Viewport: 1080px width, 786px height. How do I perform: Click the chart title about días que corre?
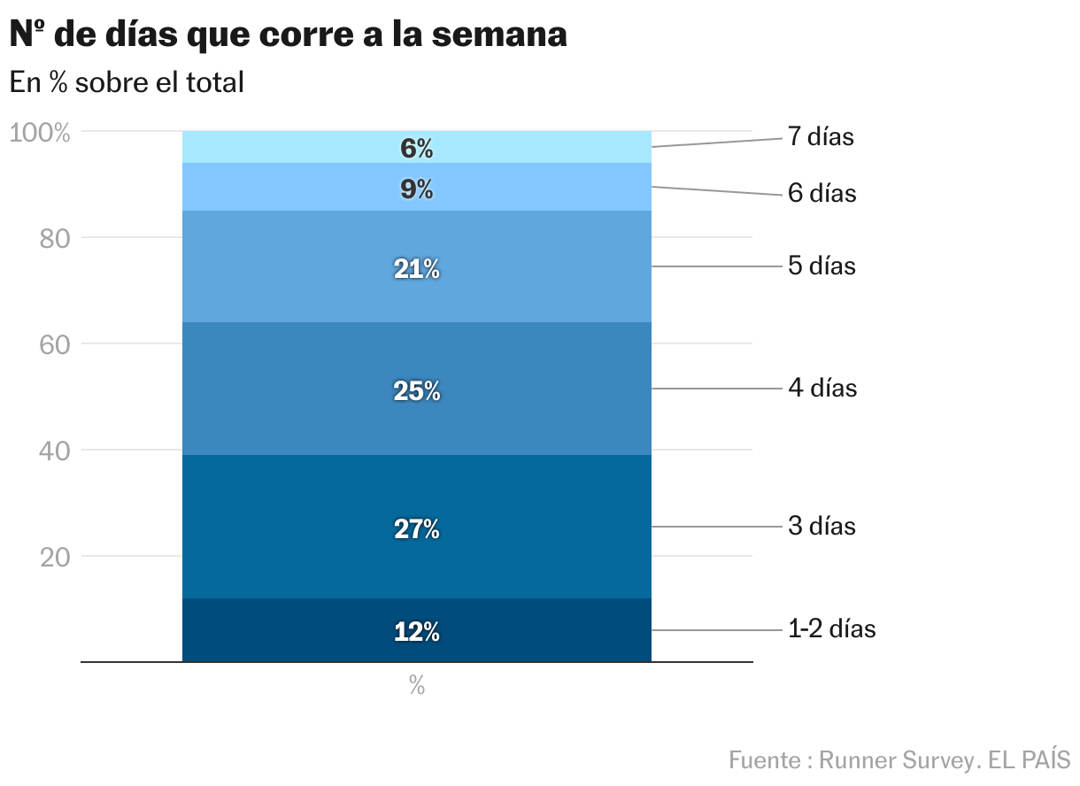[x=288, y=35]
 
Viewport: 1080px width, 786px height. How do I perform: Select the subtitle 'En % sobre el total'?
[x=127, y=83]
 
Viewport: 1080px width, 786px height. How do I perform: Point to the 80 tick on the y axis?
[x=56, y=239]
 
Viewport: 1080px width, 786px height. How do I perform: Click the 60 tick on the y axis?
[x=56, y=345]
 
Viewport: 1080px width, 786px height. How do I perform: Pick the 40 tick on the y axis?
[x=56, y=451]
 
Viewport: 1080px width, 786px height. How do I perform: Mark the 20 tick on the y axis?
[x=56, y=558]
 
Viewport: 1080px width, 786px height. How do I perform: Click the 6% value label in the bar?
[x=416, y=149]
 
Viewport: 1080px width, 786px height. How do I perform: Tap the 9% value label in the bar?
[x=416, y=189]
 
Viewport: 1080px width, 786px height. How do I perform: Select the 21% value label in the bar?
[x=416, y=270]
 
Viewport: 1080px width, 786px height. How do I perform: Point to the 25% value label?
[x=416, y=390]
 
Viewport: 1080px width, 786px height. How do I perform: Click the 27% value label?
[x=416, y=529]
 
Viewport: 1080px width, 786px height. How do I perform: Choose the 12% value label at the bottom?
[x=416, y=632]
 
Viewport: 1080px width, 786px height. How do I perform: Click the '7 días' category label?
[x=821, y=137]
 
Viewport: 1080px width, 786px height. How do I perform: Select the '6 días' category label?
[x=822, y=193]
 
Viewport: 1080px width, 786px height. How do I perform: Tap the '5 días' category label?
[x=822, y=266]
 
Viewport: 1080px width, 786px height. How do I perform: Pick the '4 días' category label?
[x=822, y=388]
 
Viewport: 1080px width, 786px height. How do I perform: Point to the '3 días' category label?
[x=822, y=526]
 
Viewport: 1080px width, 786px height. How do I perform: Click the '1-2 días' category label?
[x=831, y=628]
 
